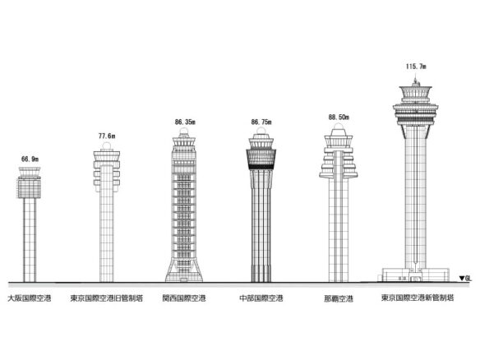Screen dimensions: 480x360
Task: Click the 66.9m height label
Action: click(30, 159)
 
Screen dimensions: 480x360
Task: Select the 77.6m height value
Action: click(107, 136)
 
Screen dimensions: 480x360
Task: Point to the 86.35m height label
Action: click(185, 122)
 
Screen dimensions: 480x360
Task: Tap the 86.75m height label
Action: click(261, 122)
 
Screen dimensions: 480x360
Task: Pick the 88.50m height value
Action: click(339, 118)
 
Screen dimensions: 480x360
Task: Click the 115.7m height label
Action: click(416, 67)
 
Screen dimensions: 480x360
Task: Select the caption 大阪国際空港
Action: click(30, 298)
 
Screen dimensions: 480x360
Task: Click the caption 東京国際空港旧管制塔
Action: click(107, 298)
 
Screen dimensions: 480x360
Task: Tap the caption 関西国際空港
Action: click(184, 298)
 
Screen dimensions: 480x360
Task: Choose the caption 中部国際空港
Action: click(261, 298)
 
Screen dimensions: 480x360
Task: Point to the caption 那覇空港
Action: click(339, 298)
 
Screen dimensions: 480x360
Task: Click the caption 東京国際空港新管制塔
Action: click(418, 298)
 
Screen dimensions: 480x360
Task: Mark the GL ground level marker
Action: click(465, 279)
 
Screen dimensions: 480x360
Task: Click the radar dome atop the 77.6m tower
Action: click(107, 146)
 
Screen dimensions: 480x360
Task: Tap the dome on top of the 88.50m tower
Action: click(339, 126)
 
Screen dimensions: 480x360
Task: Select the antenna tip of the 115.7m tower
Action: click(415, 79)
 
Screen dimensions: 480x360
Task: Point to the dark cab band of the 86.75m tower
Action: click(261, 159)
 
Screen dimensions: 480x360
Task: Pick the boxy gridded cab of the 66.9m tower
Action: click(29, 188)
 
